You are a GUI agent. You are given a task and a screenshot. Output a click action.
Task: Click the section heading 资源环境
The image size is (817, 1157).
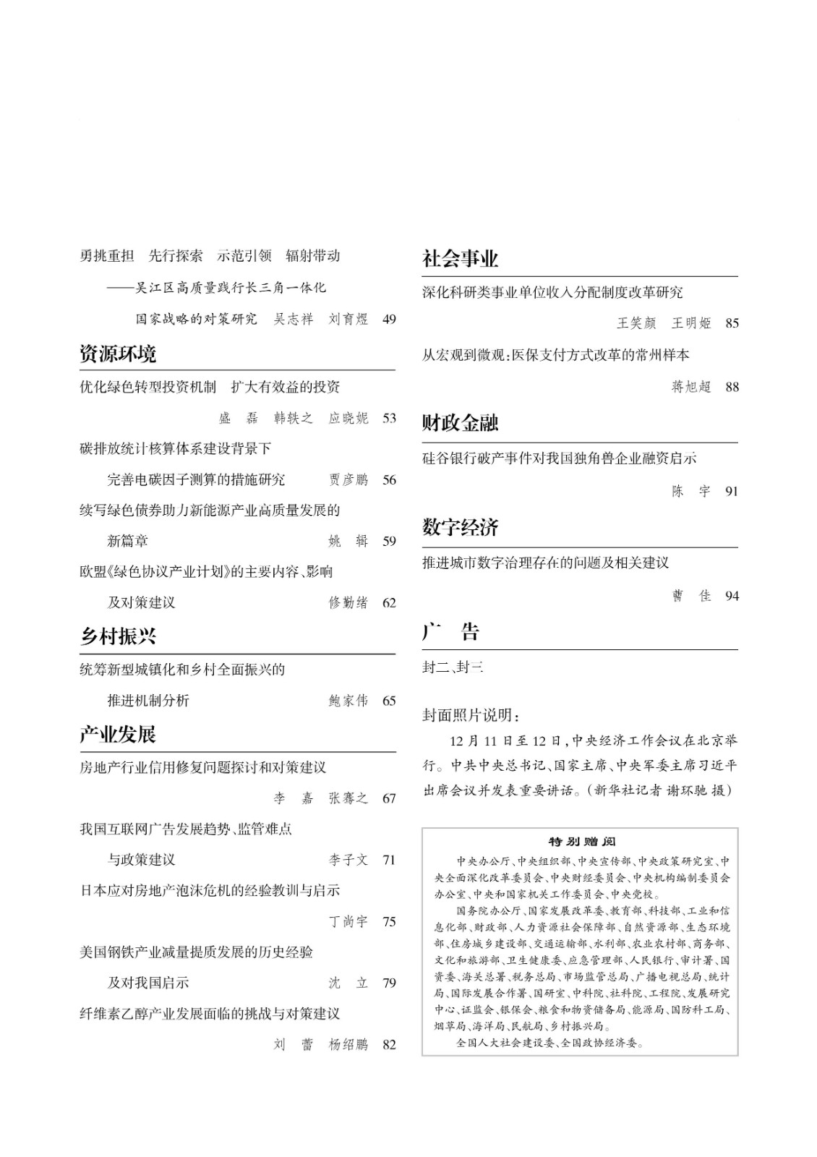pos(118,354)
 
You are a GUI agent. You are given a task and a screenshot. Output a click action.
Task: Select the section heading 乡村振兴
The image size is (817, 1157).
pos(118,636)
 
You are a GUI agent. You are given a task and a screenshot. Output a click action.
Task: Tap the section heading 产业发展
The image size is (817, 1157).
pos(118,735)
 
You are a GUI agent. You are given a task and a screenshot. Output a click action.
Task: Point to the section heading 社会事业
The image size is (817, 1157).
pos(461,259)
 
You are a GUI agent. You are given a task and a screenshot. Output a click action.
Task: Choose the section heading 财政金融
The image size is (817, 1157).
pos(461,423)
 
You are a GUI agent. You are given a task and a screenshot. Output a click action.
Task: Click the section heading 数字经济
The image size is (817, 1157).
pos(461,528)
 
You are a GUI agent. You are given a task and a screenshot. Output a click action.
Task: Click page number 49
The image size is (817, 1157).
pos(389,319)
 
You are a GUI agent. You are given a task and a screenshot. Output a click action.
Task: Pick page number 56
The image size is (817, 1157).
pos(389,479)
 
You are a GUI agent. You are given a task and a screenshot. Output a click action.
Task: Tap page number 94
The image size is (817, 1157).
pos(732,596)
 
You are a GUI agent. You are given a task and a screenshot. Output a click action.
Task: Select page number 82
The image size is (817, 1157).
pos(389,1044)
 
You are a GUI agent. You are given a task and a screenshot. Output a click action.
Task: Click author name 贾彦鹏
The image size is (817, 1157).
pos(348,479)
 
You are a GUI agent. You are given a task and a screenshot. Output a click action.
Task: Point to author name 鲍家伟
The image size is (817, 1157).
pos(348,700)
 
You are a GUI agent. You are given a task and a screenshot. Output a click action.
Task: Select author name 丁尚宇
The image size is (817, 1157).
pos(348,921)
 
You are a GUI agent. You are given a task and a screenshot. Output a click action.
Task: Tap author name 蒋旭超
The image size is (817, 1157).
pos(691,387)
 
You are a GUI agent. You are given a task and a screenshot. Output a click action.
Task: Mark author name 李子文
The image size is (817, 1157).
pos(348,860)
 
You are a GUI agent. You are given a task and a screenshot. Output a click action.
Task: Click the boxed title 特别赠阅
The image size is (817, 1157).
pos(581,842)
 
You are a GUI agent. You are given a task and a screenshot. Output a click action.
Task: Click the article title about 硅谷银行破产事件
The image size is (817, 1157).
pos(560,458)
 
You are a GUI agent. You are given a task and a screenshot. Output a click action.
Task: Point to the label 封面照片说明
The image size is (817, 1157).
pos(471,716)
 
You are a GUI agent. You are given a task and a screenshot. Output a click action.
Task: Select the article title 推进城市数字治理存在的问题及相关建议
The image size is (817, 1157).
pos(546,563)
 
